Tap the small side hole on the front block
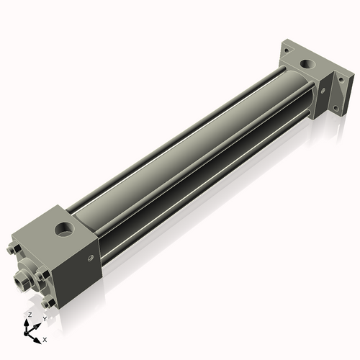pyautogui.click(x=90, y=256)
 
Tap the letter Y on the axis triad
pyautogui.click(x=44, y=318)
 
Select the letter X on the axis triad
pyautogui.click(x=45, y=338)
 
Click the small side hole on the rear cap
pyautogui.click(x=323, y=91)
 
